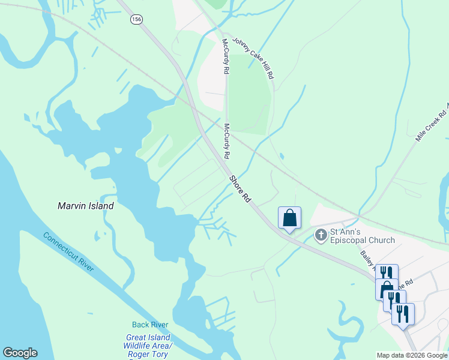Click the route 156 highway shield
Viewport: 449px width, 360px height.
click(x=137, y=19)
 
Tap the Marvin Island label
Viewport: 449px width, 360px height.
click(x=85, y=206)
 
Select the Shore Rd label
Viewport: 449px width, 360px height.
click(x=238, y=189)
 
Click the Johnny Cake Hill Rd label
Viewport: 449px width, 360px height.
click(x=253, y=57)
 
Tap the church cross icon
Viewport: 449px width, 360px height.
click(x=321, y=235)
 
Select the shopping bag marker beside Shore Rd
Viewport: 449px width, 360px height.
click(x=289, y=217)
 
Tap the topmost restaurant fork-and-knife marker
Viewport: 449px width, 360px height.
click(x=387, y=274)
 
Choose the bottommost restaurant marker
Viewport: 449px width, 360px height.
click(x=403, y=313)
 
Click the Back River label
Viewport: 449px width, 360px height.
click(x=150, y=325)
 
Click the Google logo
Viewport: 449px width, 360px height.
click(x=20, y=353)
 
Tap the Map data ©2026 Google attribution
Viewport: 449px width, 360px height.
click(x=412, y=355)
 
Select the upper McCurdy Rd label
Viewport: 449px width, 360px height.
click(x=226, y=58)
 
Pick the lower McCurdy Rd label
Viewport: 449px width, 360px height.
click(x=228, y=142)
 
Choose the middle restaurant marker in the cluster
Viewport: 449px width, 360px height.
click(x=394, y=300)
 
